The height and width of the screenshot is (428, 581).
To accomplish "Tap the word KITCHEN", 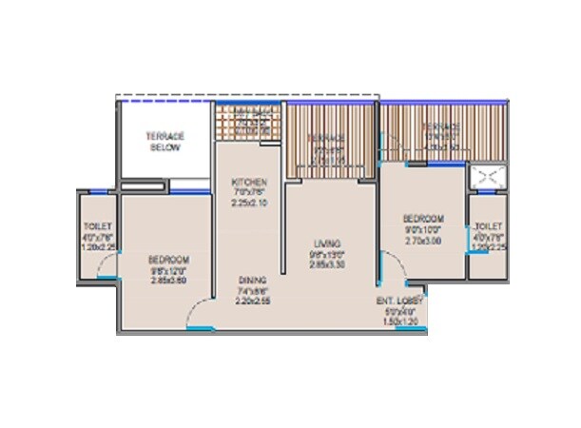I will click(x=250, y=182).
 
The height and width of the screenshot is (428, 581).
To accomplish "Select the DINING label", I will click(x=252, y=280).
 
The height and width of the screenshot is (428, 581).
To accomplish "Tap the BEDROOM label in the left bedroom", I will click(x=168, y=260).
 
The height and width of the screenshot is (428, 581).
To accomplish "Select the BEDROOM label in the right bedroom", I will click(x=420, y=217).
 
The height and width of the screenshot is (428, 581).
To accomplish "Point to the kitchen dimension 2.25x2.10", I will click(x=250, y=203).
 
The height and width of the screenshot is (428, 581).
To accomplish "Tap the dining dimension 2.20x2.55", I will click(x=252, y=301).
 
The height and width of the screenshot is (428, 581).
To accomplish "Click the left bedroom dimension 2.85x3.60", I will click(x=168, y=282).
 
